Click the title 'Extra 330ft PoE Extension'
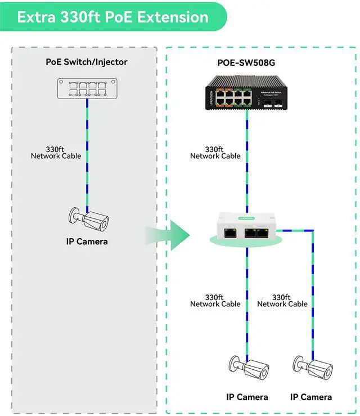coord(112,16)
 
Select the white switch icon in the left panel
coord(87,88)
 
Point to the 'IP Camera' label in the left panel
coord(87,241)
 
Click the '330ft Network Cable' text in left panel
coord(56,153)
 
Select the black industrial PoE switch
coord(246,93)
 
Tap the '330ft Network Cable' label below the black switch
coord(215,153)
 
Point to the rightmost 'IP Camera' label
coord(311,397)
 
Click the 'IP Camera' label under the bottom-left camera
coord(247,397)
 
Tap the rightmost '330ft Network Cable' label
coord(282,301)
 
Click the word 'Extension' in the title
coord(174,16)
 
